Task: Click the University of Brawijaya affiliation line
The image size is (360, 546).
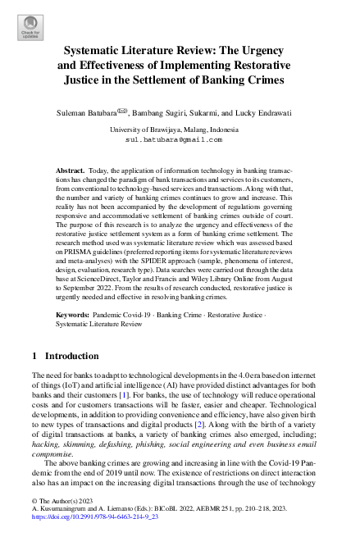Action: tap(180, 130)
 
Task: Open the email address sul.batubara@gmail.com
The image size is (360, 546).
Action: tap(180, 140)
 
